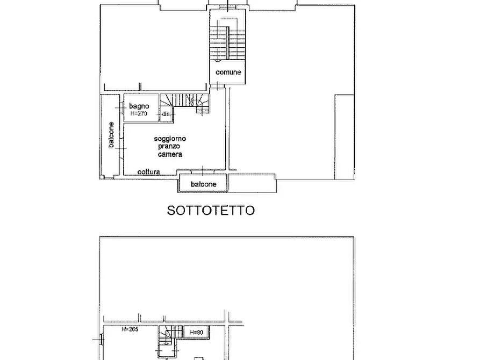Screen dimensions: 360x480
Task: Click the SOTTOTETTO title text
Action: click(x=211, y=210)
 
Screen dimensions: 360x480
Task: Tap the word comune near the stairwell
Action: click(x=228, y=72)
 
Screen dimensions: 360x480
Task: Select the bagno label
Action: click(x=139, y=106)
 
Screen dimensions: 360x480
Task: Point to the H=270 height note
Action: click(x=139, y=113)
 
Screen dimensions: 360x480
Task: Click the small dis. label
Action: click(x=166, y=114)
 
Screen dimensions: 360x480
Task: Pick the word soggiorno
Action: click(x=170, y=139)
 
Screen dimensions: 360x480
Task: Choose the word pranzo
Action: click(x=170, y=146)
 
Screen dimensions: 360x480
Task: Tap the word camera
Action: click(x=170, y=154)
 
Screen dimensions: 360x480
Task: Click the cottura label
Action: click(x=148, y=172)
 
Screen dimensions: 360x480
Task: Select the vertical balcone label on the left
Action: click(x=111, y=136)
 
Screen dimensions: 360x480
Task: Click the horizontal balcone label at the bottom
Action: click(x=204, y=184)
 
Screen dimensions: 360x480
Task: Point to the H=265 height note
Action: click(x=130, y=329)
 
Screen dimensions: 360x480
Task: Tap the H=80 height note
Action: click(x=196, y=333)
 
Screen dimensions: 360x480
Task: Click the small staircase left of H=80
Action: click(x=168, y=337)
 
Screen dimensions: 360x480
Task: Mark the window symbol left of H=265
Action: click(x=101, y=339)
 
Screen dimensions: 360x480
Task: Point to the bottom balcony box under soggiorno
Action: click(x=204, y=184)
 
